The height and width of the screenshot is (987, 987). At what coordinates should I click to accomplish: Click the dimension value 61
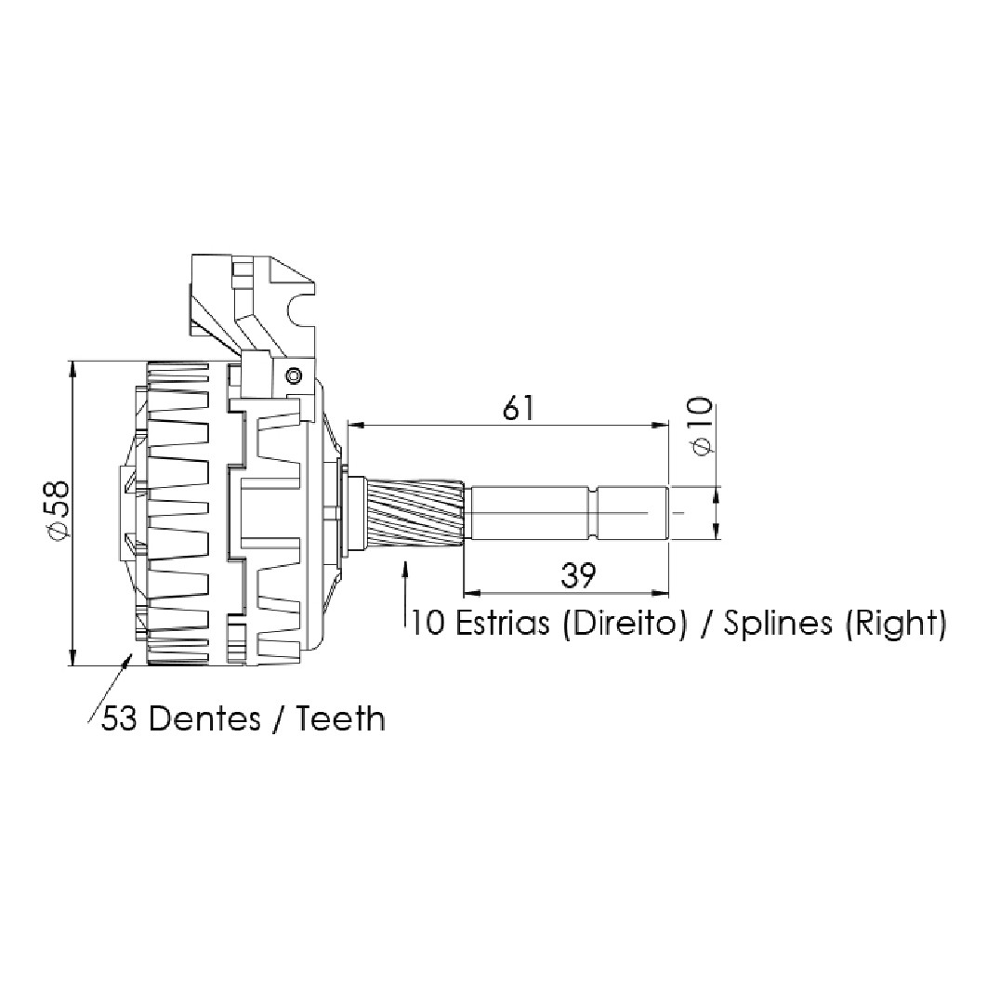[x=518, y=408]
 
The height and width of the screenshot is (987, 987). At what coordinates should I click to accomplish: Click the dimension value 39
[x=578, y=575]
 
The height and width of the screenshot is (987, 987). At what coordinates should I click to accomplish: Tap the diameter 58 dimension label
[x=56, y=510]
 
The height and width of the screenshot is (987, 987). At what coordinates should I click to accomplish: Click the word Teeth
[x=340, y=718]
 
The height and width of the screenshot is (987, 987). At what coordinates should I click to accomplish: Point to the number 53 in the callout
[x=120, y=718]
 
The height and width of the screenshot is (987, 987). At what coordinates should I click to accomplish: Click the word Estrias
[x=501, y=624]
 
